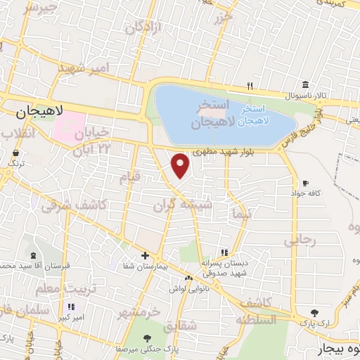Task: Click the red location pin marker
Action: [x=181, y=165]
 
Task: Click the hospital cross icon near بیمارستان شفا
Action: [x=145, y=255]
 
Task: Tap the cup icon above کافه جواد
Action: [x=304, y=182]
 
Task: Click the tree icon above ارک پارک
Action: [x=314, y=312]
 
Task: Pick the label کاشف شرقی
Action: [x=73, y=205]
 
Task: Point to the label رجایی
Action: [x=300, y=241]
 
